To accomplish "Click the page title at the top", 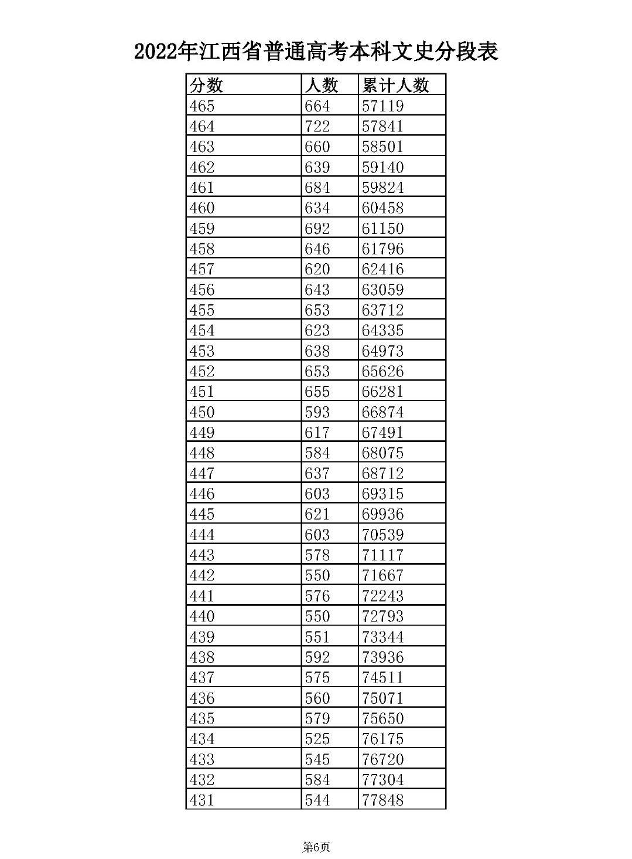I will tap(316, 52).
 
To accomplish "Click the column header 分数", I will tap(206, 86).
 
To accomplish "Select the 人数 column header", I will tap(321, 86).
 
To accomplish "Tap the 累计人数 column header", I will tap(395, 86).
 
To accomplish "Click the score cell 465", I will tap(202, 106).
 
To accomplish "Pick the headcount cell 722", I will tap(317, 127).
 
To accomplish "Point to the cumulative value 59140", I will tap(382, 167).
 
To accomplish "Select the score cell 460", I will tap(202, 208).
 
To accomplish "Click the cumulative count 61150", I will tap(382, 229).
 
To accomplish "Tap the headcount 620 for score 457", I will tap(317, 269).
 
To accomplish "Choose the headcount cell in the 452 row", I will tap(317, 371).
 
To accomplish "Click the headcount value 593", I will tap(317, 412).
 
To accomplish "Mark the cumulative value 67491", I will tap(382, 433).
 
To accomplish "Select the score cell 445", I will tap(202, 514).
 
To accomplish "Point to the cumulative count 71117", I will tap(382, 555).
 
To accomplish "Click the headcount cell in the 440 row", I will tap(317, 616).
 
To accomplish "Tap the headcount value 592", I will tap(317, 657).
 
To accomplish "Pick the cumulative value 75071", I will tap(382, 698).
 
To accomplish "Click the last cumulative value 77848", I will tap(382, 800).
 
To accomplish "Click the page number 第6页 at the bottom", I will tap(316, 847).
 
